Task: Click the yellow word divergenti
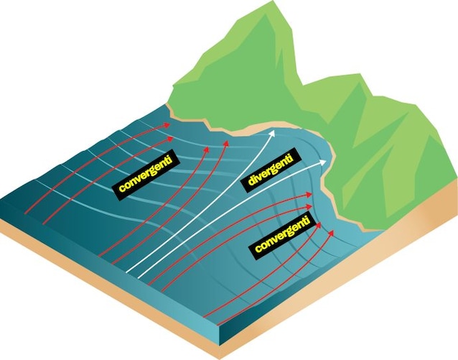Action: point(271,170)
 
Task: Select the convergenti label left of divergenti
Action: point(145,175)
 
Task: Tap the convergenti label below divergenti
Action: point(282,234)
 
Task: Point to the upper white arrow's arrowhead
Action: point(272,134)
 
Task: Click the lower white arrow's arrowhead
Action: point(323,162)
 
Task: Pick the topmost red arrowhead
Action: point(167,125)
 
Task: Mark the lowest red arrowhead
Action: point(331,233)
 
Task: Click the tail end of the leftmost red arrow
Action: point(25,214)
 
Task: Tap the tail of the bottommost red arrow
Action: point(218,326)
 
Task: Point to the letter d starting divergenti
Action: point(251,182)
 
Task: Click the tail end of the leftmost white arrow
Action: point(126,272)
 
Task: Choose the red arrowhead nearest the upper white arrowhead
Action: point(226,143)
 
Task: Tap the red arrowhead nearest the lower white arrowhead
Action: point(309,195)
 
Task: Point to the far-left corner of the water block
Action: point(1,200)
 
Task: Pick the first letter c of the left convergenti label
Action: point(121,187)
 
